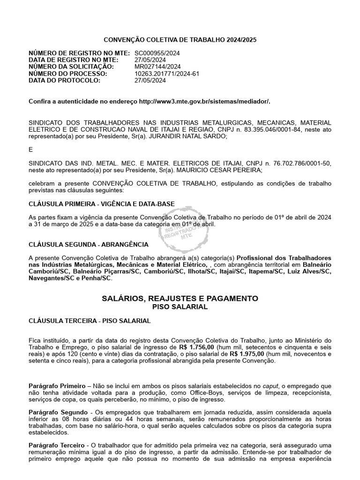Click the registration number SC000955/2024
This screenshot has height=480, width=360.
point(157,54)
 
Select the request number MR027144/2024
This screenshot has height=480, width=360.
point(157,67)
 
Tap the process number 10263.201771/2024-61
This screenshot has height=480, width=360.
point(167,74)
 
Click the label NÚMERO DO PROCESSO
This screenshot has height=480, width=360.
point(68,74)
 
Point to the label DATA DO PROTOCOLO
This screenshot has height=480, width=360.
point(65,80)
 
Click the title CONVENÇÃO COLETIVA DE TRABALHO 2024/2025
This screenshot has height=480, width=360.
point(180,40)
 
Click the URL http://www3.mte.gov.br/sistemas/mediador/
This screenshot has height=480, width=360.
point(205,101)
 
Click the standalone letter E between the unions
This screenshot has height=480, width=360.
point(31,150)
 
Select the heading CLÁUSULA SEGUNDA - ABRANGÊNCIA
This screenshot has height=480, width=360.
point(89,244)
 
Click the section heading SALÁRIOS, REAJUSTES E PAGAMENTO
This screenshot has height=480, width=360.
point(180,298)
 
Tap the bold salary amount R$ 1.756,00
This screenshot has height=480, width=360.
point(195,347)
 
